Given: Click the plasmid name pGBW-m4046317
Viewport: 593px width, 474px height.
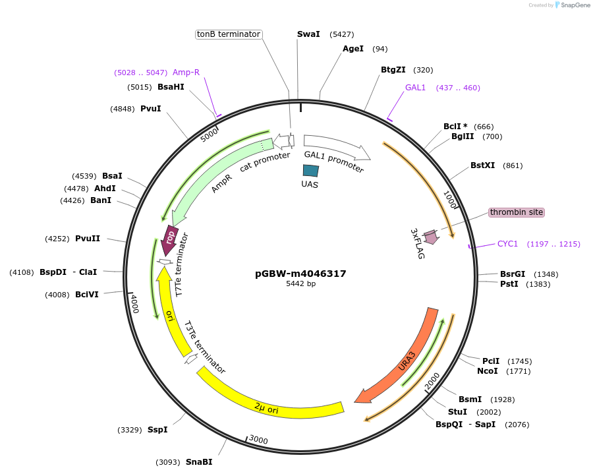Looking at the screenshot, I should (x=300, y=274).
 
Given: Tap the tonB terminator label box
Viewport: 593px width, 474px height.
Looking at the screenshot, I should (x=229, y=34).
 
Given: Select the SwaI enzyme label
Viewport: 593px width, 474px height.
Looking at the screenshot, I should (x=308, y=34).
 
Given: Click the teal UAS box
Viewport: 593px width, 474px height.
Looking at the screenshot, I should (x=310, y=170).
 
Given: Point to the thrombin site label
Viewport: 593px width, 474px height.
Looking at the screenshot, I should (x=516, y=212).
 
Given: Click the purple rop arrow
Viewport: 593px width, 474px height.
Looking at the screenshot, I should (x=169, y=239).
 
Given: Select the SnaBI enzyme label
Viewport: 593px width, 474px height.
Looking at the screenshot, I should (x=199, y=462).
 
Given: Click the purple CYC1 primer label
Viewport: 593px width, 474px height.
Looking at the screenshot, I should (x=507, y=244).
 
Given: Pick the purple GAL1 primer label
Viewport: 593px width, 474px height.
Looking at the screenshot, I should (x=415, y=88).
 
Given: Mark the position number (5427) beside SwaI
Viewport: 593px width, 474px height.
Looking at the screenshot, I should (x=342, y=34).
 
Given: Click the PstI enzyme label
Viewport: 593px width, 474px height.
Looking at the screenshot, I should (x=509, y=284).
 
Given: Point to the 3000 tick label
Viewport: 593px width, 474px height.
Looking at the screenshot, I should (x=258, y=440).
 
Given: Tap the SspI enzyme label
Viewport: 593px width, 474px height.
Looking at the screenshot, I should (x=157, y=430).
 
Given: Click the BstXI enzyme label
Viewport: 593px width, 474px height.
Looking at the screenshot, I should (x=482, y=165).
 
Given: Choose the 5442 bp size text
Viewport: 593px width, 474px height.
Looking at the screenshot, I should (x=300, y=284).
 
